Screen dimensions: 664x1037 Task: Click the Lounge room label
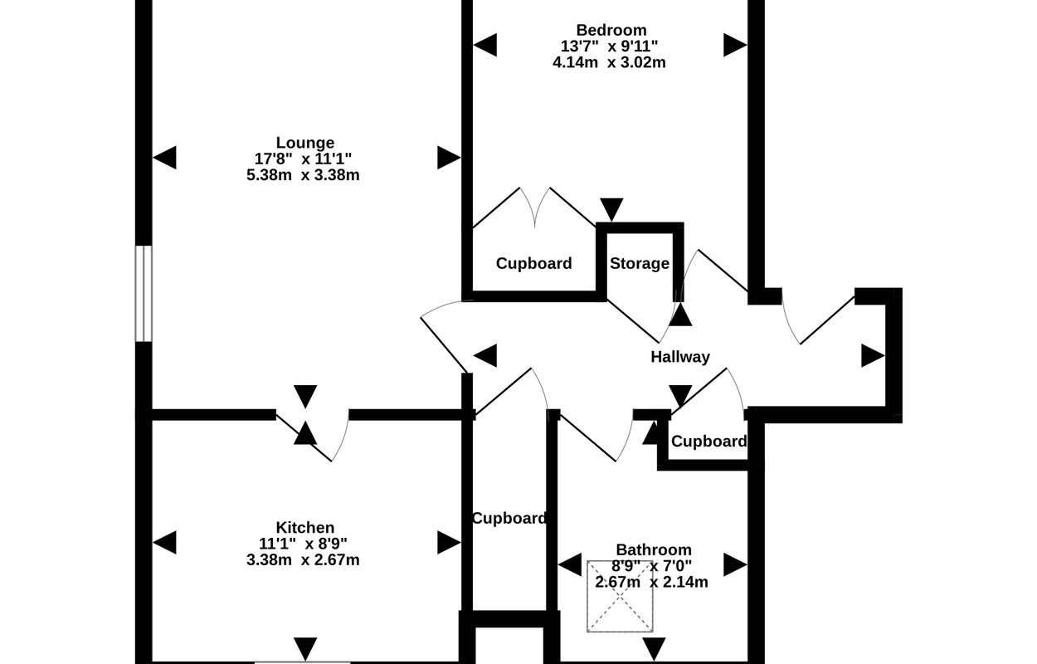click(305, 143)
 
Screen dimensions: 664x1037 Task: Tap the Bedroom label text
click(611, 31)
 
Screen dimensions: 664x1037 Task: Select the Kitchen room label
click(305, 528)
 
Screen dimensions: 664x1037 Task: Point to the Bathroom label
click(654, 549)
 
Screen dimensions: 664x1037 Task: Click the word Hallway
click(680, 357)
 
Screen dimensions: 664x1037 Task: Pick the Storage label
click(640, 264)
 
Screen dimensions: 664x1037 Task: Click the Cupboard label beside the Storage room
click(533, 264)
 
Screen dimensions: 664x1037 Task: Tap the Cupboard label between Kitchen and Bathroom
click(509, 518)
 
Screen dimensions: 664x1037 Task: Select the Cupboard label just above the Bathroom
click(708, 442)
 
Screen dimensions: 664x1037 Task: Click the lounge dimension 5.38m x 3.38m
click(303, 174)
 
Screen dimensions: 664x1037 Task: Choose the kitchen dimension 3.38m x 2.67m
click(303, 559)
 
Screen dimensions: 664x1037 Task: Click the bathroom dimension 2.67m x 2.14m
click(652, 582)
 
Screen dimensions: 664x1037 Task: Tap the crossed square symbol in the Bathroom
click(620, 596)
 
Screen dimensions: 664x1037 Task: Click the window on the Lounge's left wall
click(144, 293)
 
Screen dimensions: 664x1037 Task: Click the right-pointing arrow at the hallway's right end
click(872, 356)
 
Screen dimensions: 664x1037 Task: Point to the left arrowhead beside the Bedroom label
click(485, 46)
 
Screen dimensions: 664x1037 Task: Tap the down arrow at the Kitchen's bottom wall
click(305, 647)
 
